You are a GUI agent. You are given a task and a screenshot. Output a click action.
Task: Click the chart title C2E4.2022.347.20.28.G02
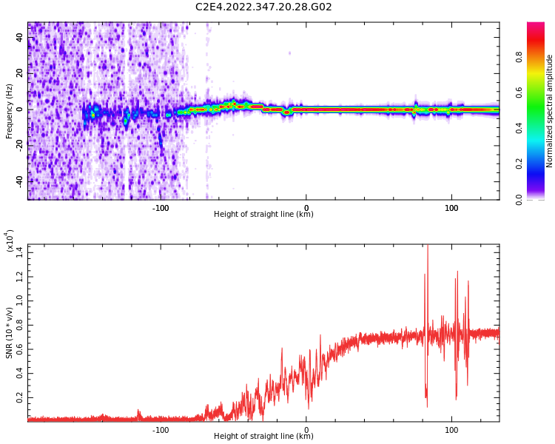click(263, 7)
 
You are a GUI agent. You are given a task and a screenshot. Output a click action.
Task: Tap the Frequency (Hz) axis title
click(10, 111)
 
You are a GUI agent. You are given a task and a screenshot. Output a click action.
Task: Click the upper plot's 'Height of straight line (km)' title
click(263, 215)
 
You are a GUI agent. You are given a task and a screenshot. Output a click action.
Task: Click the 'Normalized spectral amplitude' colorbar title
click(550, 111)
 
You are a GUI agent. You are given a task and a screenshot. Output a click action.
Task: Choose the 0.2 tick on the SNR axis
click(19, 397)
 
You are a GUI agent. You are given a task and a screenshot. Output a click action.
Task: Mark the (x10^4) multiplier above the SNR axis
click(10, 241)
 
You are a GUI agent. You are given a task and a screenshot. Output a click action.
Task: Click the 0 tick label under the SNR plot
click(306, 428)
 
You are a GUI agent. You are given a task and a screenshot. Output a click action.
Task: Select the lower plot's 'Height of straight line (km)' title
click(263, 437)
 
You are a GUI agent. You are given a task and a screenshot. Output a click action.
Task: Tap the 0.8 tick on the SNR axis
click(19, 325)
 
